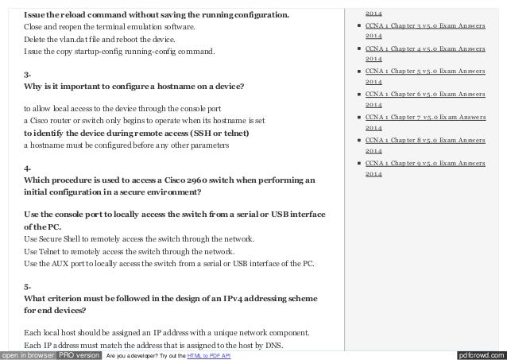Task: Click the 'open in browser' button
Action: (x=28, y=354)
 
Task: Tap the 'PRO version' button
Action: (x=78, y=354)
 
